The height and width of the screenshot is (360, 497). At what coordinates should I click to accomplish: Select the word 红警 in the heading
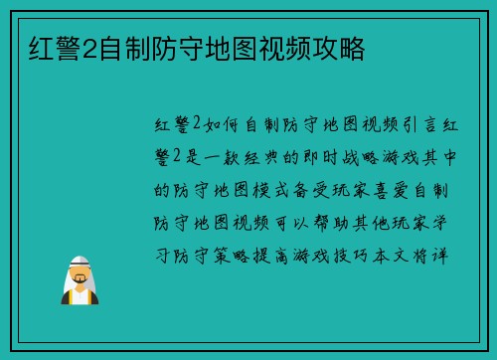coord(46,46)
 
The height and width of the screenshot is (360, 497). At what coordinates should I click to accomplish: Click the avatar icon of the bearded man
coord(80,280)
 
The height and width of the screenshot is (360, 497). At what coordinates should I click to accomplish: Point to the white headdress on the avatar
coord(80,264)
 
